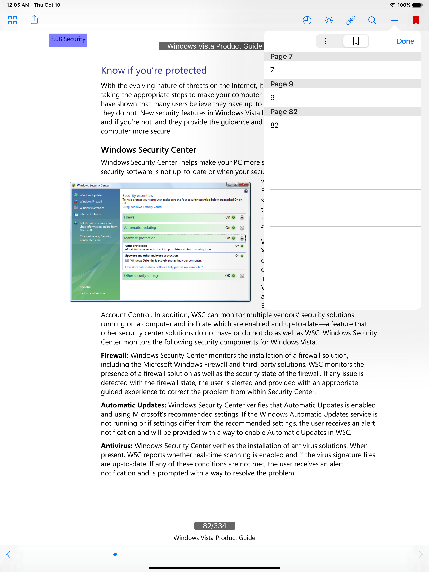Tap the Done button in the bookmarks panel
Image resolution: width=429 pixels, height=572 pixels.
click(x=405, y=41)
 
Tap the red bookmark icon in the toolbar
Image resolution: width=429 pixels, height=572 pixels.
click(x=416, y=20)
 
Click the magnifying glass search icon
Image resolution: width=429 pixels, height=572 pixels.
click(x=372, y=20)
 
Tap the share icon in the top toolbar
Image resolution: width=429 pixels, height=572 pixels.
click(x=34, y=20)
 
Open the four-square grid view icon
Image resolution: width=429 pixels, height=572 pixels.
click(x=12, y=20)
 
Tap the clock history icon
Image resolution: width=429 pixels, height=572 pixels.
click(x=307, y=20)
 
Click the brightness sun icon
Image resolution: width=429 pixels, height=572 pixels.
click(x=329, y=20)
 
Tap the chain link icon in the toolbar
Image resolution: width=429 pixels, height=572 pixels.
click(x=350, y=20)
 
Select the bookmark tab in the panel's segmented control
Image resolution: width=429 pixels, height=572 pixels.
click(x=356, y=41)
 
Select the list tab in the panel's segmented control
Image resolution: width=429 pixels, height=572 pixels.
click(x=329, y=41)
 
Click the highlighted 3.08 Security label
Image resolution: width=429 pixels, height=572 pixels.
click(x=68, y=40)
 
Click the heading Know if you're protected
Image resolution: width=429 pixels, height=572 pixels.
click(x=154, y=71)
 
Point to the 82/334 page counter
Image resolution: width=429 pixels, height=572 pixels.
click(x=214, y=526)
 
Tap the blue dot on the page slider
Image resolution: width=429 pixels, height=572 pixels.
click(x=115, y=554)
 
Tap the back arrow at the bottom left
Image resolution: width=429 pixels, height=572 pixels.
click(x=9, y=554)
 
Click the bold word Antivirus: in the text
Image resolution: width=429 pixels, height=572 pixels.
click(x=117, y=446)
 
